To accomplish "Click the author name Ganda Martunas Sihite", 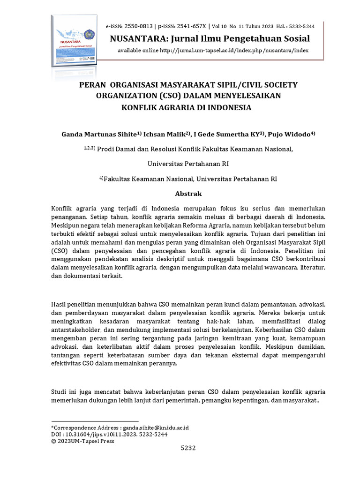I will click(99, 134).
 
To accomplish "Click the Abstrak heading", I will click(188, 193).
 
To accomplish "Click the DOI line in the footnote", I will click(109, 435).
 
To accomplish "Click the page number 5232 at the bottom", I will click(188, 448).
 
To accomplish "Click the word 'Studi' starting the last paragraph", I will click(59, 391).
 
